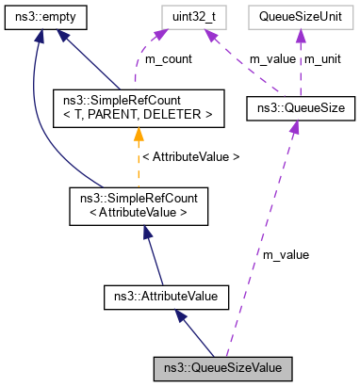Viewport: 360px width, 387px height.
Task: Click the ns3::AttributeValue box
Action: pyautogui.click(x=165, y=297)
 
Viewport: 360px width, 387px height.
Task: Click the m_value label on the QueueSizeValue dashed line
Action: pyautogui.click(x=286, y=253)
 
